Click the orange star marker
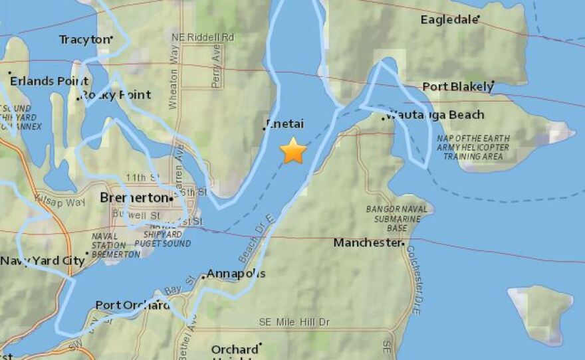(x=293, y=151)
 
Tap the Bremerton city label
(x=134, y=198)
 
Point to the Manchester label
(x=367, y=243)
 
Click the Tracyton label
(x=84, y=40)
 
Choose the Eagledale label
(x=449, y=20)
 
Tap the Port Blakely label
(x=457, y=87)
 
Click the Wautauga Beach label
(x=436, y=115)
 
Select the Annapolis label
(x=236, y=274)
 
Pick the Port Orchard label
(x=132, y=306)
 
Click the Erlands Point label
(x=40, y=82)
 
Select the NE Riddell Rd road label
(x=202, y=37)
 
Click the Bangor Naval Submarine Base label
(x=387, y=219)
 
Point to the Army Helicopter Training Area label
(x=473, y=147)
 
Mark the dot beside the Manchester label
(x=403, y=244)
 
